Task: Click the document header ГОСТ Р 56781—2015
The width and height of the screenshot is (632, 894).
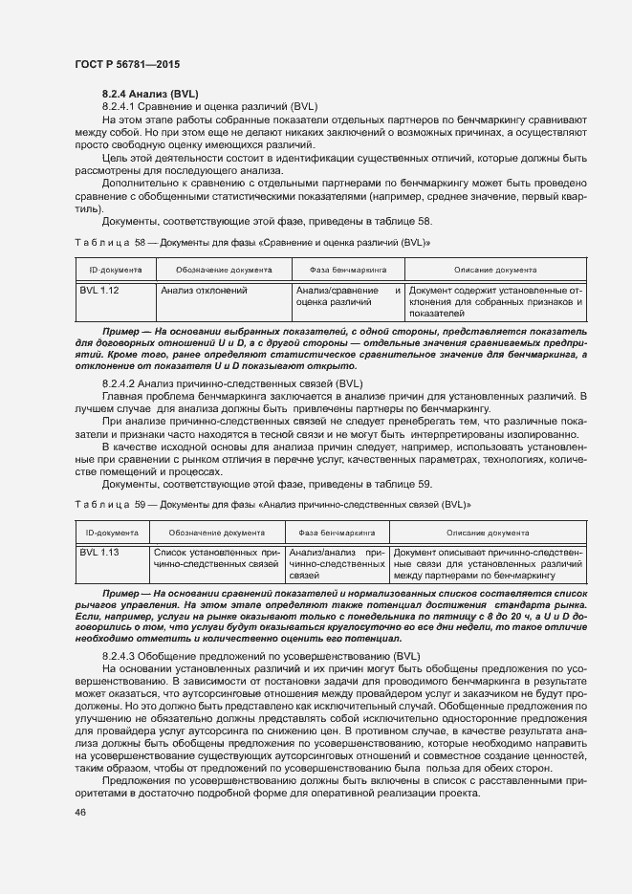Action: [x=126, y=64]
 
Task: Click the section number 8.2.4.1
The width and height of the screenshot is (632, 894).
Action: [x=123, y=106]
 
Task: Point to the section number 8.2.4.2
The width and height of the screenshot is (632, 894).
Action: [x=123, y=383]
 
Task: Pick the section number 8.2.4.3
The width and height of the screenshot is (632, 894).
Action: [x=123, y=655]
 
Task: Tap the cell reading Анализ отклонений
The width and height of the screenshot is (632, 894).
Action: [x=205, y=290]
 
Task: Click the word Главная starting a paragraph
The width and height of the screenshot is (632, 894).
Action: [x=122, y=396]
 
